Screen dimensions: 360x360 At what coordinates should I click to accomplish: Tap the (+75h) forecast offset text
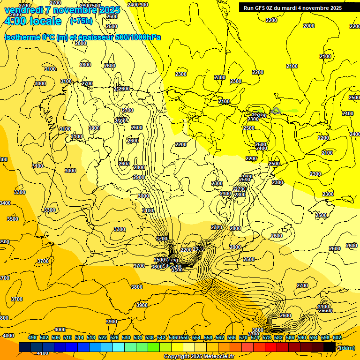coord(82,21)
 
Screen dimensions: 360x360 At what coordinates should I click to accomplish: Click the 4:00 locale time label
coord(33,21)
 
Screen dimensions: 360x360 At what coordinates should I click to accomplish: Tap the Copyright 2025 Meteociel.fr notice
coord(199,356)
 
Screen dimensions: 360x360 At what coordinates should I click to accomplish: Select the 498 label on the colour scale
coord(32,337)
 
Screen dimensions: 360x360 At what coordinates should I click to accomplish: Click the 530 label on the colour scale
coord(126,337)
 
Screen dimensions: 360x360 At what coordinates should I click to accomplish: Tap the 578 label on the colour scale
coord(267,337)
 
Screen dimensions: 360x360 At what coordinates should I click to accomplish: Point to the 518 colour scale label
coord(91,337)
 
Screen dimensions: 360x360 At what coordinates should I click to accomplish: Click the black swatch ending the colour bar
coord(330,347)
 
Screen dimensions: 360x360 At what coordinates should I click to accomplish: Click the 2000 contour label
coord(309,26)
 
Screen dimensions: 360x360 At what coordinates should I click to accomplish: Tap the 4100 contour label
coord(42,353)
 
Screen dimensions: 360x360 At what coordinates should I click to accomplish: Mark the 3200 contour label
coord(162,239)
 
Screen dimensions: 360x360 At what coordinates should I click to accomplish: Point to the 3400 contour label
coord(5,203)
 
